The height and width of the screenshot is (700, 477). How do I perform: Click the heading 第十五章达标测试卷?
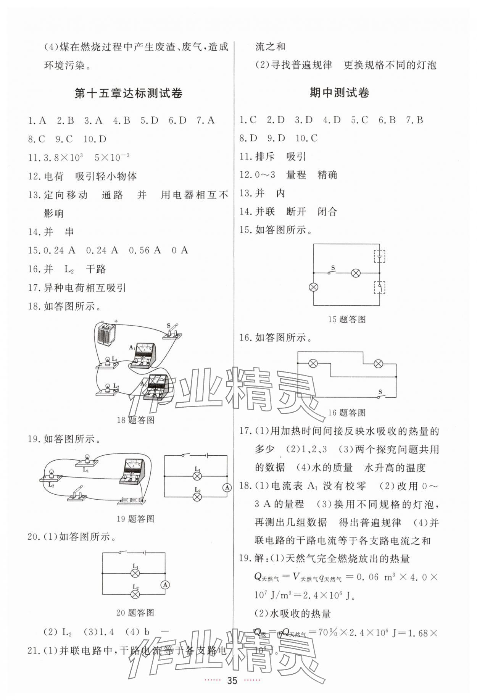click(x=128, y=94)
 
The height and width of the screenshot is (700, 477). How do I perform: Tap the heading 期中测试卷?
click(x=339, y=93)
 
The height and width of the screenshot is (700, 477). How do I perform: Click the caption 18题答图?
click(x=135, y=420)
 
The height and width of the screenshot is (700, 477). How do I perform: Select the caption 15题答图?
click(x=346, y=319)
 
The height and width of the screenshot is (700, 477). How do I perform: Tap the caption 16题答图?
click(x=346, y=413)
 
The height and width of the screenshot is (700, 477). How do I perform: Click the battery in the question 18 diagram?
click(x=106, y=334)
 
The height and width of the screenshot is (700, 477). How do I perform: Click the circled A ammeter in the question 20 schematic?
click(x=164, y=585)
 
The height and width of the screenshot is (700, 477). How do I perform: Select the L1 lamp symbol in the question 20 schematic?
click(x=135, y=573)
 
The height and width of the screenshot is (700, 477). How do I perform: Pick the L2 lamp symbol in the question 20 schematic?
click(x=135, y=594)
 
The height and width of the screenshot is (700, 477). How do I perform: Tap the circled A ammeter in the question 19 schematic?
click(x=227, y=487)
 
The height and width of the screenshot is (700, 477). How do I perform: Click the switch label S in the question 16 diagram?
click(x=380, y=392)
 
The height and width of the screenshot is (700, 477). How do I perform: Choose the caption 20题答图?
click(x=135, y=613)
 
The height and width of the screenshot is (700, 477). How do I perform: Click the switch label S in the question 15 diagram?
click(x=333, y=268)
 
